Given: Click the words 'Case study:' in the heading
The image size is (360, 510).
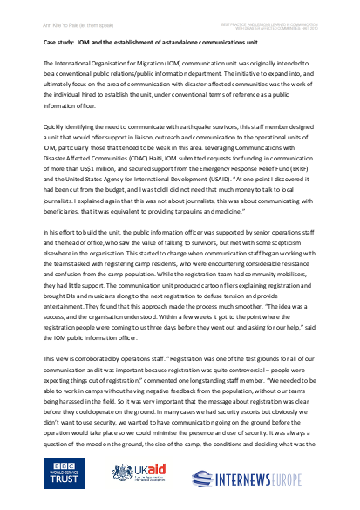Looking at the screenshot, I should point(62,40).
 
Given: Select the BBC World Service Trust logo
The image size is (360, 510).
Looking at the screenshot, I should point(67,473).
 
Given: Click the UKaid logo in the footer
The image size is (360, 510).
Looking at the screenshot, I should point(142,473).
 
